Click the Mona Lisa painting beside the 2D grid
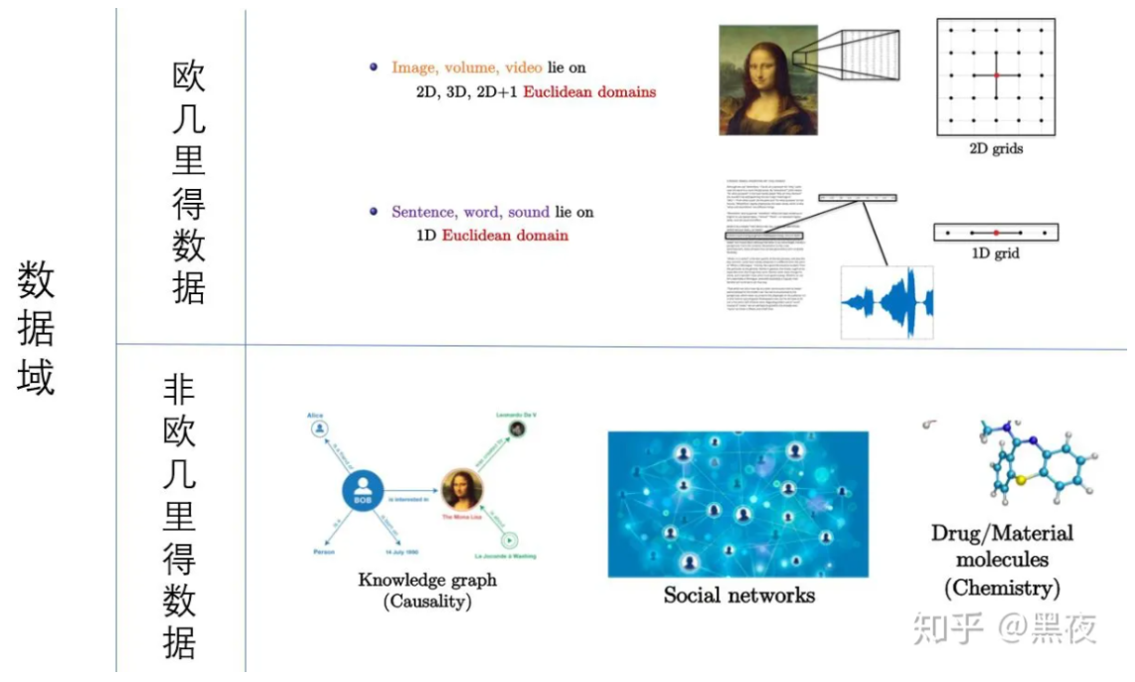pyautogui.click(x=767, y=80)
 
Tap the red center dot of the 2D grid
pyautogui.click(x=995, y=76)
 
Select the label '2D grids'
pyautogui.click(x=995, y=149)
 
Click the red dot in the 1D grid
pyautogui.click(x=995, y=233)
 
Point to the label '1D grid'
pyautogui.click(x=995, y=255)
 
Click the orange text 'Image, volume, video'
pyautogui.click(x=466, y=68)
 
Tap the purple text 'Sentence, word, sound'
pyautogui.click(x=471, y=212)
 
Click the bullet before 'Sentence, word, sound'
pyautogui.click(x=374, y=212)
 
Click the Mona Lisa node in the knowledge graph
pyautogui.click(x=462, y=489)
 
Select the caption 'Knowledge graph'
pyautogui.click(x=427, y=581)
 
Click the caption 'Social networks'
pyautogui.click(x=738, y=596)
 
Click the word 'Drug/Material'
pyautogui.click(x=1002, y=534)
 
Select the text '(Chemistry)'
pyautogui.click(x=1002, y=589)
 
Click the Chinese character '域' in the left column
pyautogui.click(x=36, y=378)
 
